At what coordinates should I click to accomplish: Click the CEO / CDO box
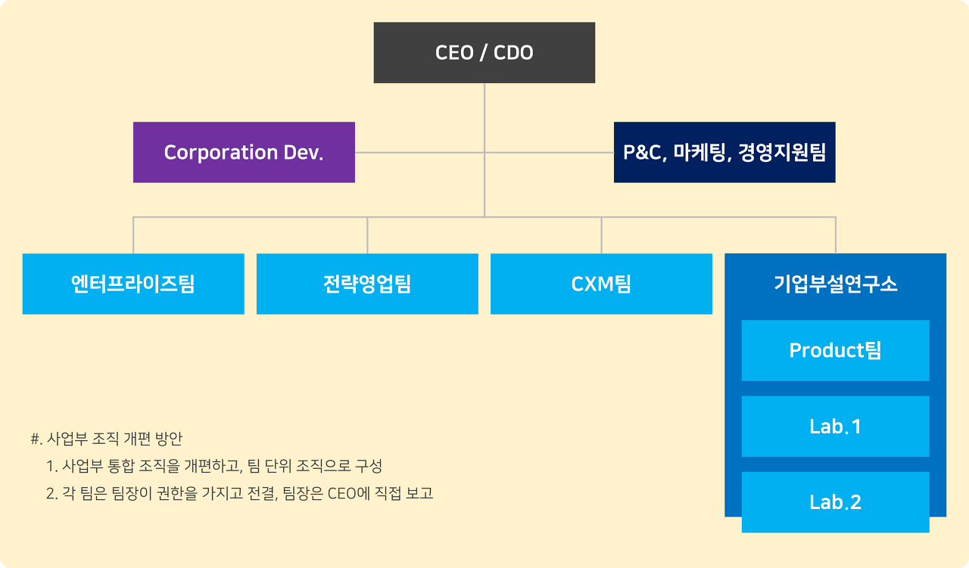(x=484, y=52)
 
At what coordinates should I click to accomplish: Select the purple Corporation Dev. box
(x=244, y=152)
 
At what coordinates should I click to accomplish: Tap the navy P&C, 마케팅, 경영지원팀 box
(x=724, y=152)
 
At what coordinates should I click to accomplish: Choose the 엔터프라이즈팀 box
(x=133, y=284)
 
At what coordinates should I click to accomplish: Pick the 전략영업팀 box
(x=367, y=284)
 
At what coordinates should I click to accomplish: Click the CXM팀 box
(x=601, y=284)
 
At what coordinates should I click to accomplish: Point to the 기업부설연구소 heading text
(x=835, y=284)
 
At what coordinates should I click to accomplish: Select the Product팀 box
(x=835, y=351)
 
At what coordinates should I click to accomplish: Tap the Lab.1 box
(x=835, y=427)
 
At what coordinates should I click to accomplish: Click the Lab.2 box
(x=835, y=502)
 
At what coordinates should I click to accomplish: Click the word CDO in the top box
(x=513, y=53)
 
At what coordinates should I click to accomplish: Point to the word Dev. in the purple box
(x=304, y=152)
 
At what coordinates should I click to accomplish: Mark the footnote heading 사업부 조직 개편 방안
(x=114, y=439)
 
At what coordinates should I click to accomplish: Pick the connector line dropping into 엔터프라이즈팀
(x=133, y=235)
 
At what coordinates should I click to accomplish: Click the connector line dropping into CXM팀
(x=601, y=235)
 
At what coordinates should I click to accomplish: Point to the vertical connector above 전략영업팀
(x=367, y=235)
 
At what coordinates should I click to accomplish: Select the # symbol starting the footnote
(x=35, y=439)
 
